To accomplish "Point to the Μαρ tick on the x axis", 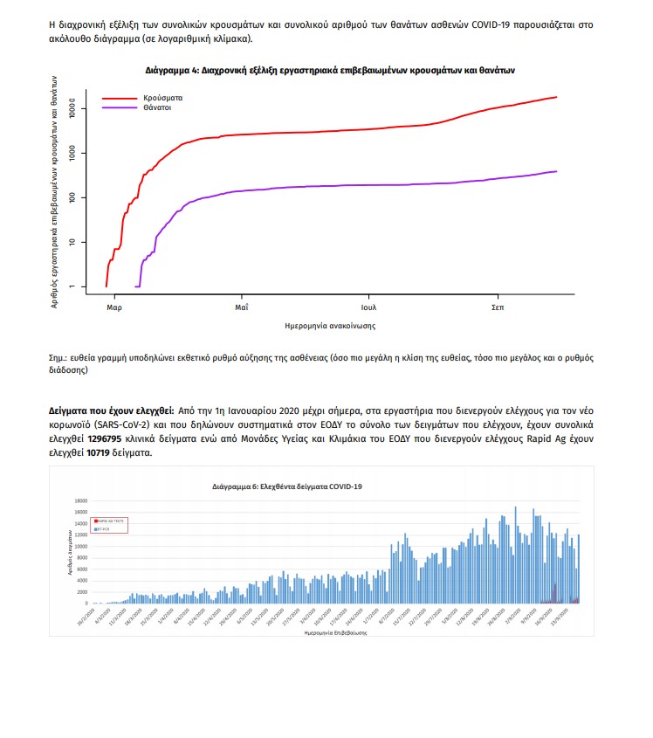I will [x=113, y=307].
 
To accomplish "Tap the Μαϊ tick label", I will [x=241, y=307].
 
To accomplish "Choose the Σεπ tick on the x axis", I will [x=497, y=307].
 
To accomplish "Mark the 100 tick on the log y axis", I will [x=74, y=197].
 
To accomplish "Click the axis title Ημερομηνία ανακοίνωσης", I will [x=330, y=325].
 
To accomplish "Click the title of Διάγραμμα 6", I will [x=287, y=486].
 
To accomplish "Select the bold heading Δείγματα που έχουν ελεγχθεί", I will [x=111, y=409].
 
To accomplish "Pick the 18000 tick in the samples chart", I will [x=79, y=500].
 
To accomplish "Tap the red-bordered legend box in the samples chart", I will [x=110, y=524].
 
